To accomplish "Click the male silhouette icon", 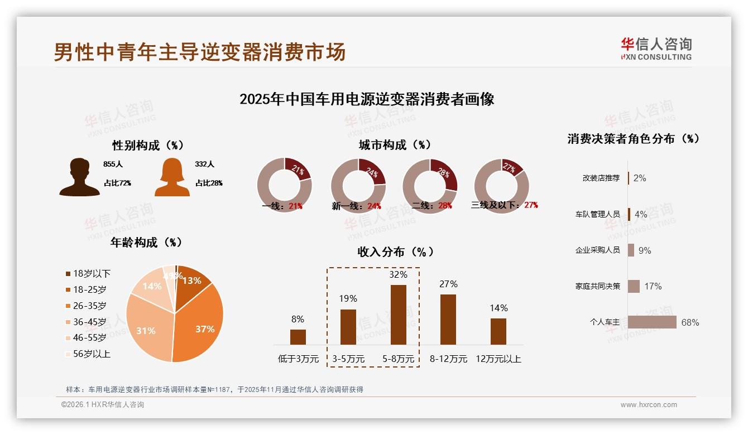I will coord(79,177).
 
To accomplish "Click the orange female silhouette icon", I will coord(172,177).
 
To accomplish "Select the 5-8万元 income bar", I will coord(398,315).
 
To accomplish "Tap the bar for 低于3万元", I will coord(298,337).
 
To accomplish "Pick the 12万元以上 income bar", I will coord(498,331).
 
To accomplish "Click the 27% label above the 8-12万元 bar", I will coord(448,284).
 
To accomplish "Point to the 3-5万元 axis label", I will coord(348,359).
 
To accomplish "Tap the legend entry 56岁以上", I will coord(88,354).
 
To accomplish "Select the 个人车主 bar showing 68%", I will coord(652,322).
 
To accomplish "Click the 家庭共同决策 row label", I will coord(597,286).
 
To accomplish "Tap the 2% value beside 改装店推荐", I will coord(640,178).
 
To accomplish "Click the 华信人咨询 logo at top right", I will coord(656,49).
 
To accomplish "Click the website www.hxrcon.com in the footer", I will coord(649,405).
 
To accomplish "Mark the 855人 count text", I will coord(113,165).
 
